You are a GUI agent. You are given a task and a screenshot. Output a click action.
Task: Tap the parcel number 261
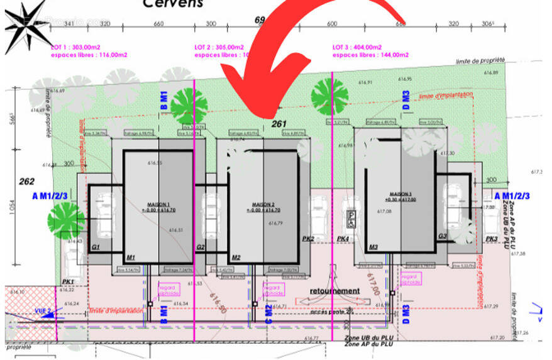279,124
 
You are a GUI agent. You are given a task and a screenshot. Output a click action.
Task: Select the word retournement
335,291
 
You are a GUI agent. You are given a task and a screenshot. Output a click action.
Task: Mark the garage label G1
96,248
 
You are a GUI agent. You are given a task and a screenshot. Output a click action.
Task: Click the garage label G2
201,248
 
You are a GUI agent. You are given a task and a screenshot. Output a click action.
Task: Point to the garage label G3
443,237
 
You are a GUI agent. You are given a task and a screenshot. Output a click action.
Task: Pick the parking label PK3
492,239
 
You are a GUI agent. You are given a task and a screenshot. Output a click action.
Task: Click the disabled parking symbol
350,219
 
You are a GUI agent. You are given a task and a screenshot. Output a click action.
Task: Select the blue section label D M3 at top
406,101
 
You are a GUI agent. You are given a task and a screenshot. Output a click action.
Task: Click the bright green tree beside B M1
189,106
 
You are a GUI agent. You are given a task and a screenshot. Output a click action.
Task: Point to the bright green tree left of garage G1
65,219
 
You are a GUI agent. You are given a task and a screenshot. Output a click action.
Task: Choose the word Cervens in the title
174,4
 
